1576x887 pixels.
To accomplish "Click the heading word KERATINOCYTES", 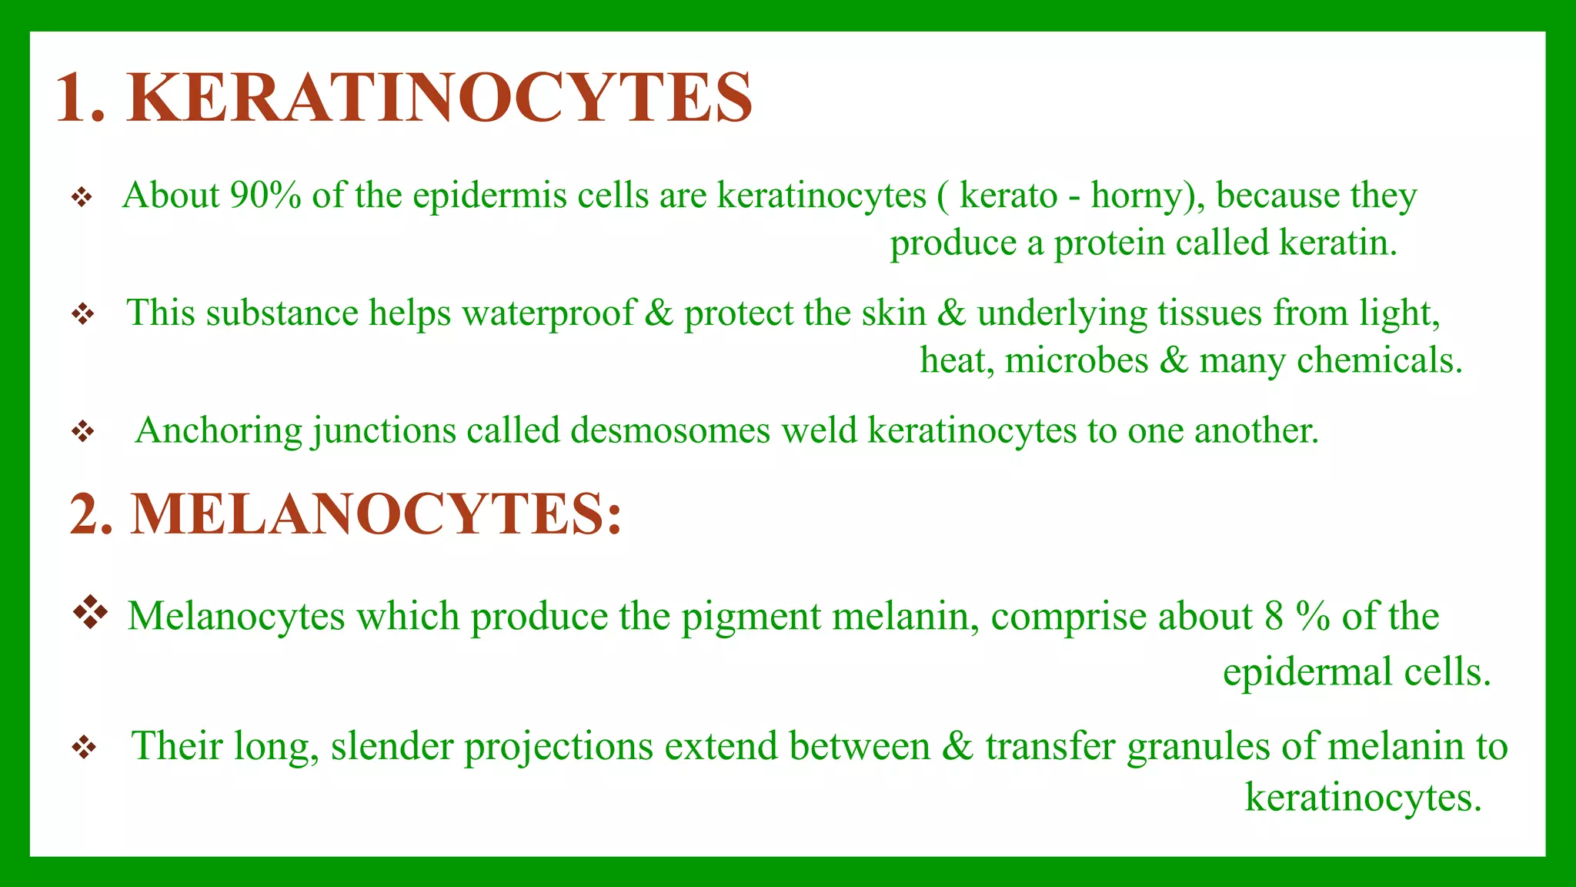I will click(439, 98).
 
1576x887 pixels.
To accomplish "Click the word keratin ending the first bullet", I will click(1337, 243).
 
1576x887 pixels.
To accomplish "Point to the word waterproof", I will click(548, 313).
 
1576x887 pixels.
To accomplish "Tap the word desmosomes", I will click(669, 430).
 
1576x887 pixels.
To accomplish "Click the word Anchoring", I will click(218, 430).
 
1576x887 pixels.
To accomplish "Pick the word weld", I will click(819, 430).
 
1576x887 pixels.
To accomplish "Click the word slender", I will click(392, 746).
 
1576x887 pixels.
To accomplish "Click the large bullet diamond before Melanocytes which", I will click(90, 612).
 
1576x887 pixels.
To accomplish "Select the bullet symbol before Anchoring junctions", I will click(82, 431).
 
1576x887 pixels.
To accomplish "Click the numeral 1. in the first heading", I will click(79, 98).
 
